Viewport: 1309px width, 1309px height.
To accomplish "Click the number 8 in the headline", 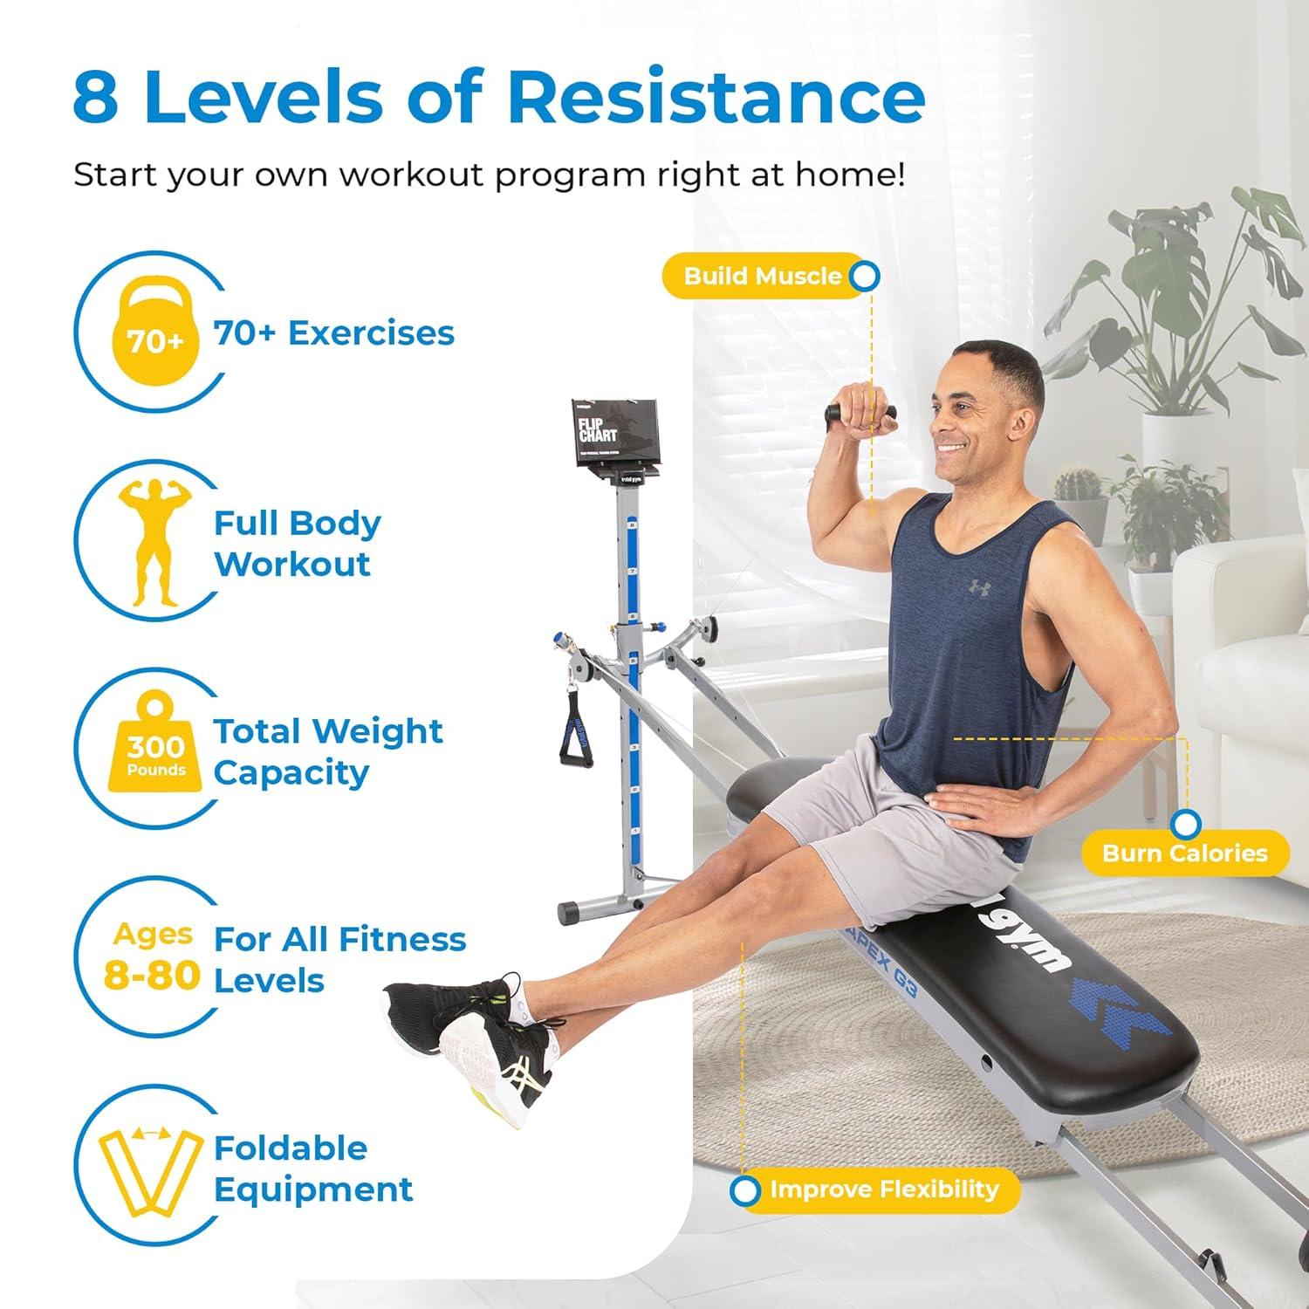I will coord(96,97).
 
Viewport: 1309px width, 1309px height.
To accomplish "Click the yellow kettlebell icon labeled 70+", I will coord(155,332).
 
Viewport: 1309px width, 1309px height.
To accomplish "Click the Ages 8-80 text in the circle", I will coord(153,956).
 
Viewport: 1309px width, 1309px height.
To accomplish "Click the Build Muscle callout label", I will coord(761,277).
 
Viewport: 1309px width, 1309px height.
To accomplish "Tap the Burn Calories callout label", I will coord(1184,853).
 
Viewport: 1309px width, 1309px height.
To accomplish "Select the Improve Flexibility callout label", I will coord(883,1189).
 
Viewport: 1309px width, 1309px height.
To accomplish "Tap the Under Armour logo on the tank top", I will coord(979,587).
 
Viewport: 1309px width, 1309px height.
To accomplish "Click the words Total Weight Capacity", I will coord(327,751).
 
